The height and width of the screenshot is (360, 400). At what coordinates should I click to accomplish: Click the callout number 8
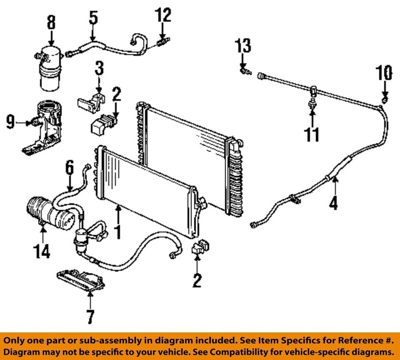pyautogui.click(x=51, y=23)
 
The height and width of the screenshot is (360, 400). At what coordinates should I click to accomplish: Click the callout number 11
pyautogui.click(x=312, y=134)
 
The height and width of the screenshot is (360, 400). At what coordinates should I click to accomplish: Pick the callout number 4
pyautogui.click(x=333, y=203)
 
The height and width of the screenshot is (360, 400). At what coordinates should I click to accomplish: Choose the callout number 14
pyautogui.click(x=42, y=251)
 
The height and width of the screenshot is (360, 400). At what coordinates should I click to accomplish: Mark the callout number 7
pyautogui.click(x=90, y=316)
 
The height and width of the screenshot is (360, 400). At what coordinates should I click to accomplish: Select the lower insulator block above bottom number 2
pyautogui.click(x=200, y=247)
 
